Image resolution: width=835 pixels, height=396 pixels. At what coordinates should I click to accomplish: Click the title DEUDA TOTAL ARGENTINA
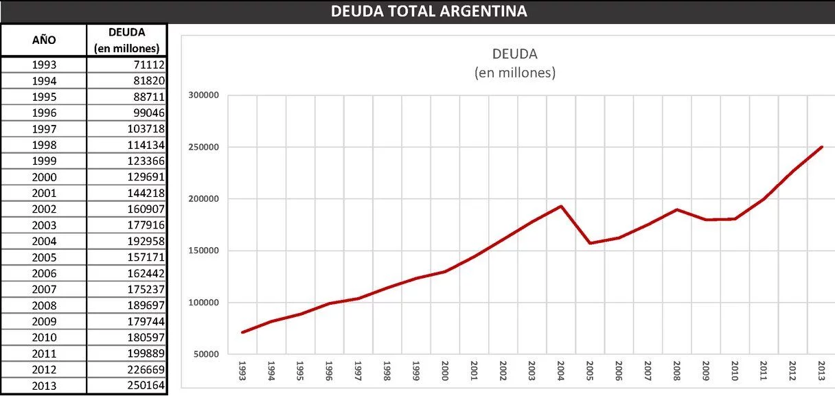(x=428, y=11)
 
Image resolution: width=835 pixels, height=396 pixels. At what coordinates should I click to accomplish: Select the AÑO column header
(x=44, y=40)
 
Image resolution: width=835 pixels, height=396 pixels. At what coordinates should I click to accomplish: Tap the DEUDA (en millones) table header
(x=127, y=40)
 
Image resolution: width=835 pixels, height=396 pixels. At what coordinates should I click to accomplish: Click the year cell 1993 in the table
(x=44, y=65)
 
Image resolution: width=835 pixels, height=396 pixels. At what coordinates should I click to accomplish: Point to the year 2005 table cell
(x=44, y=257)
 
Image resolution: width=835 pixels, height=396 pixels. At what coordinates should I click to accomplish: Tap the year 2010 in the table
(x=44, y=338)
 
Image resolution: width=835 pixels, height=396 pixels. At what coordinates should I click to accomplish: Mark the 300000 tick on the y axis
(x=203, y=95)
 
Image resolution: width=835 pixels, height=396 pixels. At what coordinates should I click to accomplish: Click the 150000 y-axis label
(x=203, y=251)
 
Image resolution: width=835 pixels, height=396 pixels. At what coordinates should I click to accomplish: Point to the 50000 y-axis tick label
(x=205, y=354)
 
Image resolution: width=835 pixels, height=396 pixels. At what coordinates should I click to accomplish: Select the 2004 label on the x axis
(x=561, y=370)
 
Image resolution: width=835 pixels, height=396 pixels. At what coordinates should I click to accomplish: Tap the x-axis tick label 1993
(x=242, y=370)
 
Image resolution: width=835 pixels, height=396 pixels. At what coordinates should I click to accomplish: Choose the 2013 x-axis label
(x=821, y=370)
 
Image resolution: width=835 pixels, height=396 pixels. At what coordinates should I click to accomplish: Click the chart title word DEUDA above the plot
(x=515, y=54)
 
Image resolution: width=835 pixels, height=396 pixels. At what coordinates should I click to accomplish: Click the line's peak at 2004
(x=561, y=206)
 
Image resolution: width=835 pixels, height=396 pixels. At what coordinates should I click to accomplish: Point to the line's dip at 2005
(x=590, y=243)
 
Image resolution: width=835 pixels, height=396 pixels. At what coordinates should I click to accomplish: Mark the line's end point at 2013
(x=821, y=147)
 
